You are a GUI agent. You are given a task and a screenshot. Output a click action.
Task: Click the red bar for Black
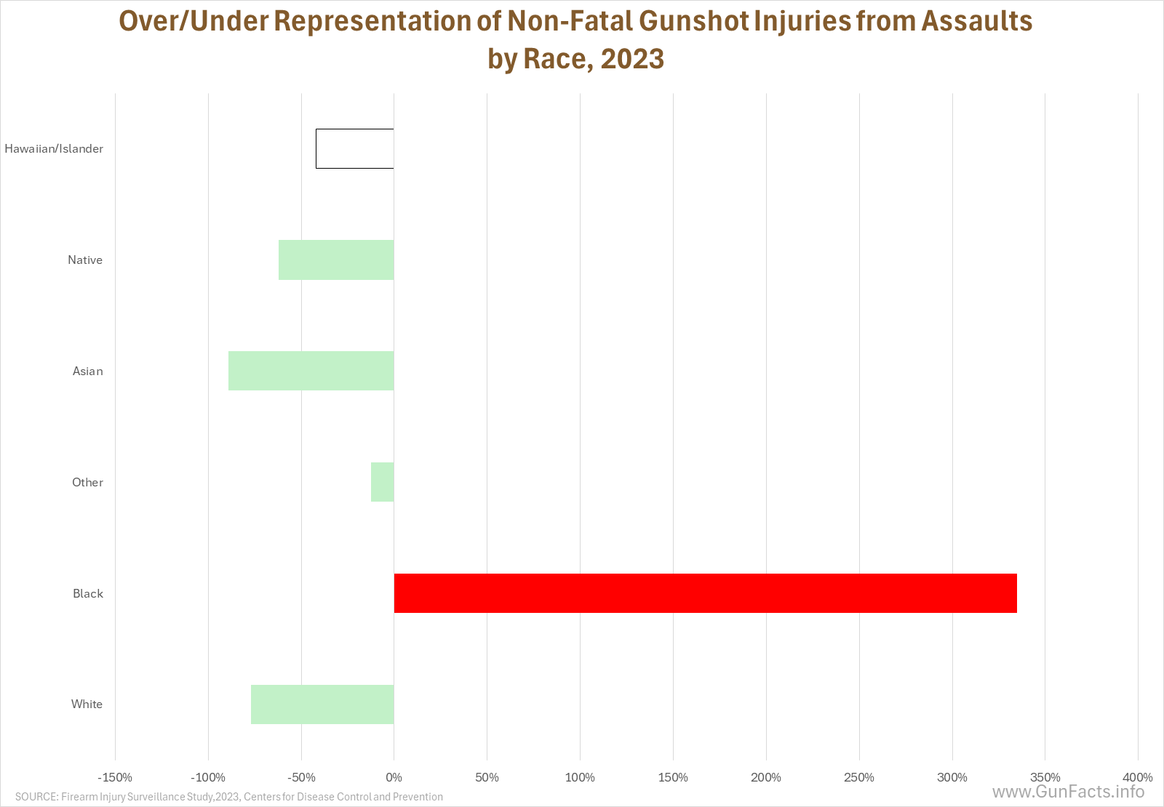[705, 593]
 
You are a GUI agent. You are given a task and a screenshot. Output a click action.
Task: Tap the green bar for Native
[336, 260]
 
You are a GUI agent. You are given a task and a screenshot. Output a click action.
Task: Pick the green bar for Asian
[311, 371]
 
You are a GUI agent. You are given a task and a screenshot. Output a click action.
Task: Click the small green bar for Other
[383, 482]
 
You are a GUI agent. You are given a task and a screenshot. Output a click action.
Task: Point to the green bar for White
[323, 704]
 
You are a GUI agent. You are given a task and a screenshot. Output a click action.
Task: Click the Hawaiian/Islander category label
[54, 149]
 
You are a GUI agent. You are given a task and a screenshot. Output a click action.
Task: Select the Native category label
[85, 260]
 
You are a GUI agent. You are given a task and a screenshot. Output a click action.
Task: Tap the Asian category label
[88, 371]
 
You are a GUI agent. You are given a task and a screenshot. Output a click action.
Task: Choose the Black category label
[88, 593]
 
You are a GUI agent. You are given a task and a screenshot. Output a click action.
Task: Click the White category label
[87, 704]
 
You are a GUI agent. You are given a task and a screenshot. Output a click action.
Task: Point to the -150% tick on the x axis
[115, 777]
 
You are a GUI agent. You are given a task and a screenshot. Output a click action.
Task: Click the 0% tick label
[394, 777]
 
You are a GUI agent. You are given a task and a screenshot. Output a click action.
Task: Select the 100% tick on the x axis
[580, 777]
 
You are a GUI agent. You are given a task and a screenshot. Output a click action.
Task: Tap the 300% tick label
[952, 777]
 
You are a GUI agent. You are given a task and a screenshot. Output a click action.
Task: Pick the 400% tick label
[1138, 777]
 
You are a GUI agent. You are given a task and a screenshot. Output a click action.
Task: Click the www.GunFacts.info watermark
[1069, 792]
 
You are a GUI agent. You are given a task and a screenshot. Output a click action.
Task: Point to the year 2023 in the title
[632, 58]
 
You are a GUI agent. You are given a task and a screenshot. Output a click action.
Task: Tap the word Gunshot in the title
[693, 21]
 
